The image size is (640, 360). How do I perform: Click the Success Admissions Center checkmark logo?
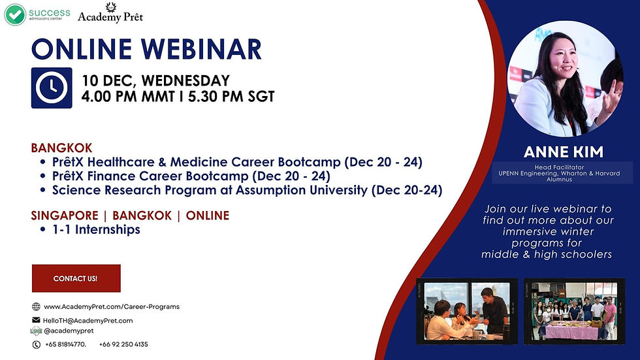(15, 14)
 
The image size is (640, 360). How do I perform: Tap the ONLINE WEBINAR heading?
(146, 50)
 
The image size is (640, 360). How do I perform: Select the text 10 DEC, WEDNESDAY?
(155, 81)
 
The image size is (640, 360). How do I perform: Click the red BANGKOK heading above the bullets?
(61, 148)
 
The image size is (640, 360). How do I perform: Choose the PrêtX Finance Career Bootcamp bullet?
(191, 176)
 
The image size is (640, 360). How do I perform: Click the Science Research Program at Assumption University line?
(247, 190)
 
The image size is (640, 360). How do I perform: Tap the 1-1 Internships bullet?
(97, 229)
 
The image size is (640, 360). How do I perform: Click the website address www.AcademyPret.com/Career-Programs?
(111, 306)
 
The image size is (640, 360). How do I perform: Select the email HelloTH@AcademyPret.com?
(88, 320)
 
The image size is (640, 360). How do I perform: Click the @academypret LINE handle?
(64, 331)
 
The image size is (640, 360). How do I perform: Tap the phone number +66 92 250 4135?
(123, 344)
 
